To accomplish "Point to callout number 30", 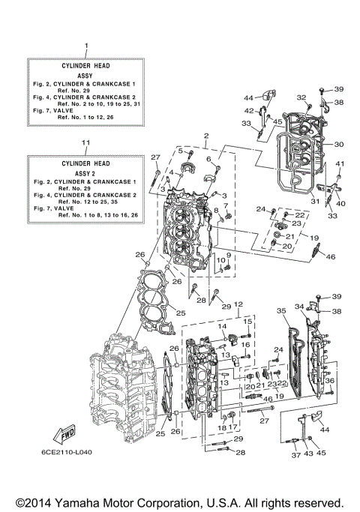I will pyautogui.click(x=338, y=145).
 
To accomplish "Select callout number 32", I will pyautogui.click(x=301, y=97).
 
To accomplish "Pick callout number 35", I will pyautogui.click(x=281, y=310).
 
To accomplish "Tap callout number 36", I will pyautogui.click(x=330, y=381).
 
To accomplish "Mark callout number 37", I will pyautogui.click(x=294, y=455).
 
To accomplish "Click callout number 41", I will pyautogui.click(x=339, y=164).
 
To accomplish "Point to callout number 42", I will pyautogui.click(x=249, y=111).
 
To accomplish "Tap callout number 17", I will pyautogui.click(x=232, y=428).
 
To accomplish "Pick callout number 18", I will pyautogui.click(x=222, y=428).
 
